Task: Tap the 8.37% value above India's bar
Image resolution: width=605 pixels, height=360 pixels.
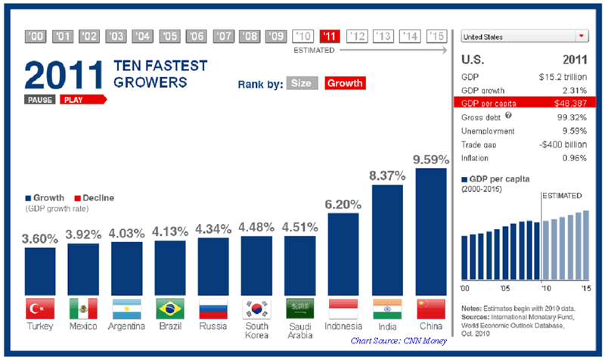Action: (x=387, y=175)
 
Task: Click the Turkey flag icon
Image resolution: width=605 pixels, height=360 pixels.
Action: (x=39, y=309)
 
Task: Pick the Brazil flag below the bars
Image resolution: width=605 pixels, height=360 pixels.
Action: (x=170, y=309)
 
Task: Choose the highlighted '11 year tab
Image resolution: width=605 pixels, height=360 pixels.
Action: (x=330, y=36)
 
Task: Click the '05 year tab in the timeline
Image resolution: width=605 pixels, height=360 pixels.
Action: (x=170, y=36)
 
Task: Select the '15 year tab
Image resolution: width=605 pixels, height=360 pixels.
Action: (x=436, y=36)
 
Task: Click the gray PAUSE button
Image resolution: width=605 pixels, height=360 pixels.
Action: (x=39, y=99)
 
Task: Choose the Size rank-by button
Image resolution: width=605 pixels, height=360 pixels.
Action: (x=302, y=83)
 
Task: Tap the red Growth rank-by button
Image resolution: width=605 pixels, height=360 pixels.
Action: (x=346, y=83)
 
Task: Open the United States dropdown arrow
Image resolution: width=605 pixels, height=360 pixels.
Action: (x=581, y=36)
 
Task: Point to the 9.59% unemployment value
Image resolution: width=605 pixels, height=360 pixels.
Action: (x=573, y=131)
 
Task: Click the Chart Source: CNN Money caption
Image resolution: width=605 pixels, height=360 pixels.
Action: (x=399, y=341)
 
